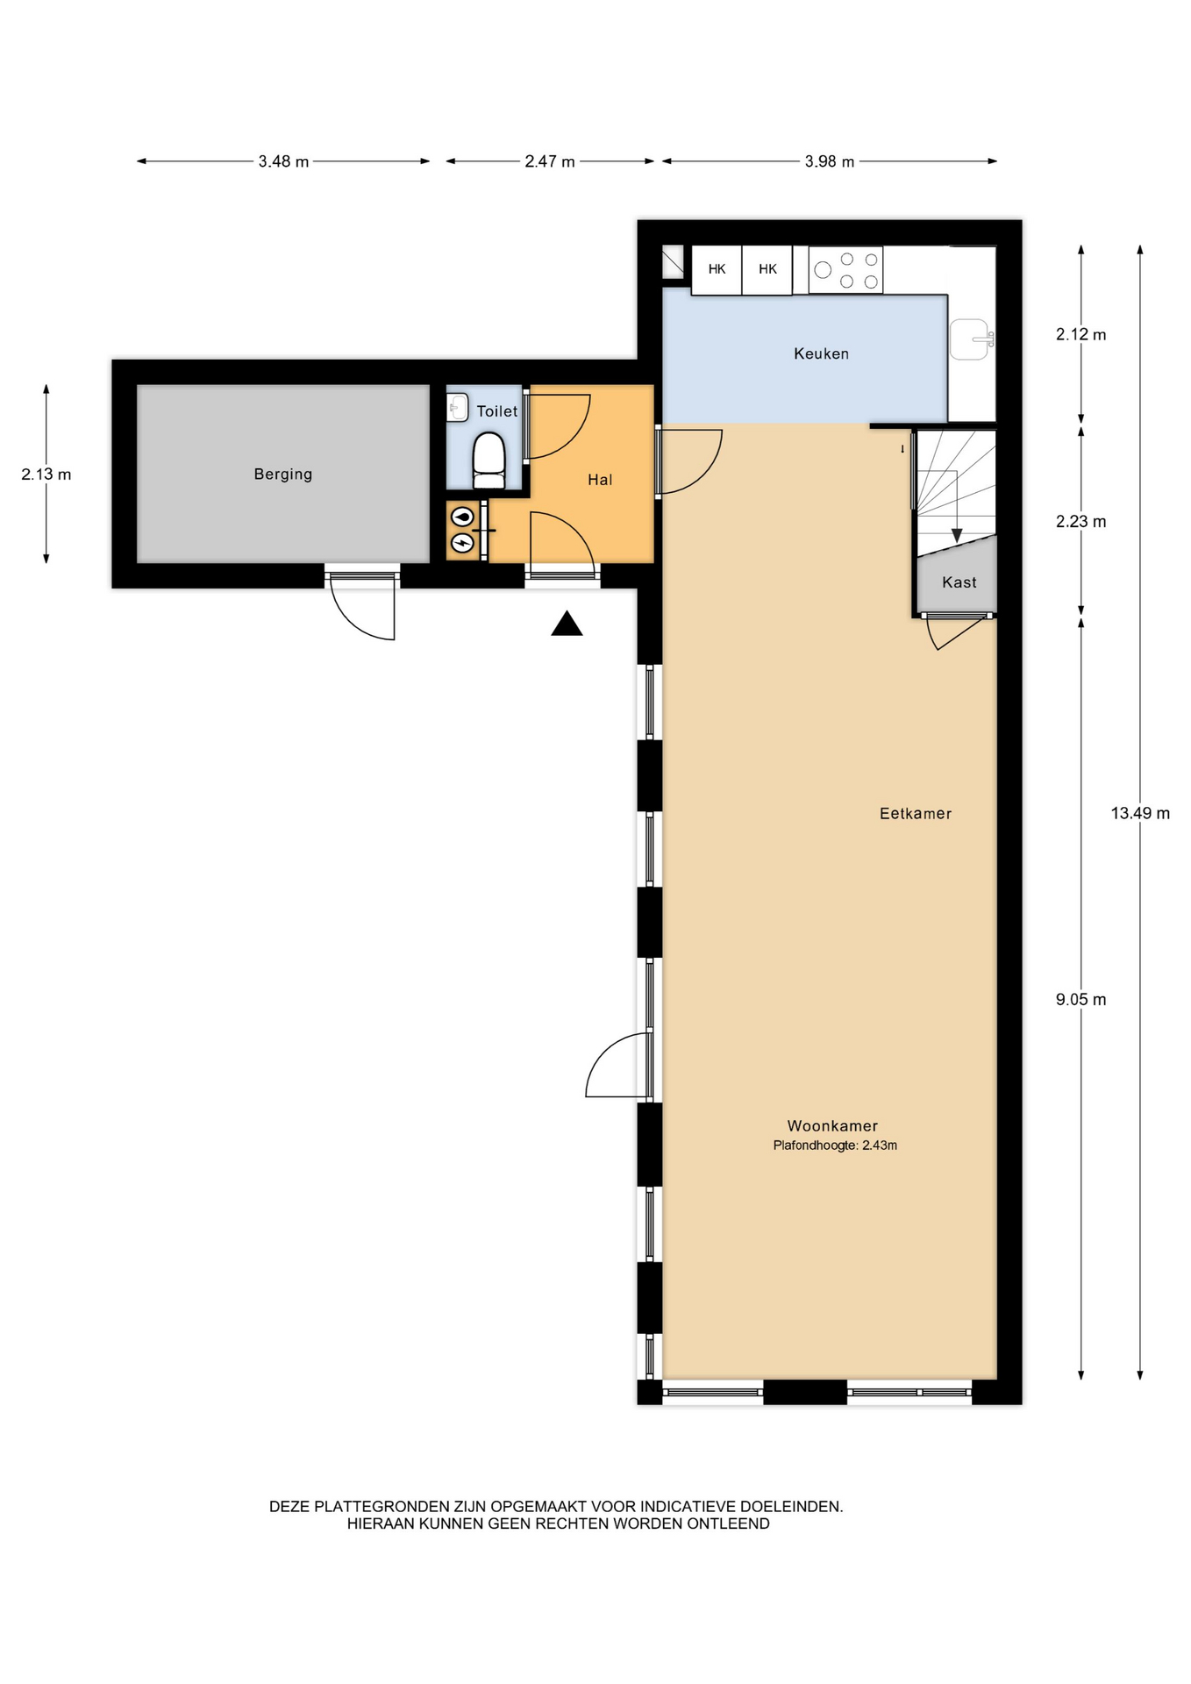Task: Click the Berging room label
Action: pos(282,475)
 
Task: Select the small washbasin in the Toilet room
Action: pos(457,407)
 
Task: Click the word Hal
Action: pos(600,480)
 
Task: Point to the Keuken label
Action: pos(821,353)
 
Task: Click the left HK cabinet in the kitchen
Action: pos(717,269)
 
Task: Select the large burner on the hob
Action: pos(823,270)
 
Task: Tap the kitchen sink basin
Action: pos(970,339)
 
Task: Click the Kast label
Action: pos(959,582)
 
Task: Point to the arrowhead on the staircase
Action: pos(957,535)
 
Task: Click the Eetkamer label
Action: pos(916,814)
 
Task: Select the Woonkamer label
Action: pos(832,1126)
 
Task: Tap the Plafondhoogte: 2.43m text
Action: pos(835,1145)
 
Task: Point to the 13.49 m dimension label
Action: pos(1140,813)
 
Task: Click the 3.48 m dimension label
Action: pos(283,161)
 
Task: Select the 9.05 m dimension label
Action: pos(1080,1000)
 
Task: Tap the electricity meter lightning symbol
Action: pos(462,544)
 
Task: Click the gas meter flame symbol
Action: pos(462,517)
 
